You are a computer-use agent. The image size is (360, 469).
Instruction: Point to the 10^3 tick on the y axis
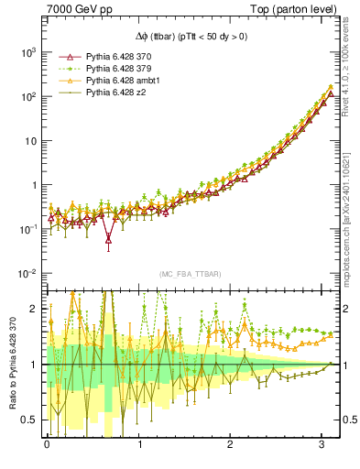click(x=28, y=52)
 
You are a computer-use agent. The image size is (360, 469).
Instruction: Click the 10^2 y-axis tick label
click(x=28, y=96)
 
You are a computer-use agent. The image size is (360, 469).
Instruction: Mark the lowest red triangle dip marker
click(x=109, y=241)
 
